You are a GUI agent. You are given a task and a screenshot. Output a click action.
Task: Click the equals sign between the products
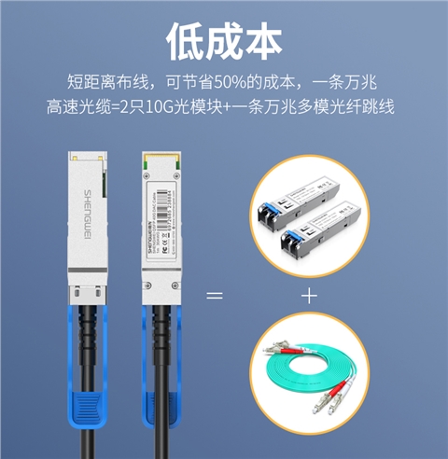(215, 297)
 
